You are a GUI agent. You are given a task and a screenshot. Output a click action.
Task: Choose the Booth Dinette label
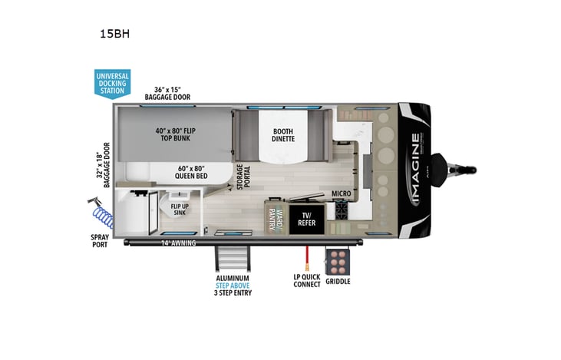[282, 135]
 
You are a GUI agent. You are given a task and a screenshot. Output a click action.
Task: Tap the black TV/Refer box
[307, 217]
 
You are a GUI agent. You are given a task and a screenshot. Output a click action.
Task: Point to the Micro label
[342, 194]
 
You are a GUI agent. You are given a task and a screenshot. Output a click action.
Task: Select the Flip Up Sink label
[180, 210]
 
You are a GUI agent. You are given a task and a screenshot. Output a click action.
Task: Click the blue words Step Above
[233, 284]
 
